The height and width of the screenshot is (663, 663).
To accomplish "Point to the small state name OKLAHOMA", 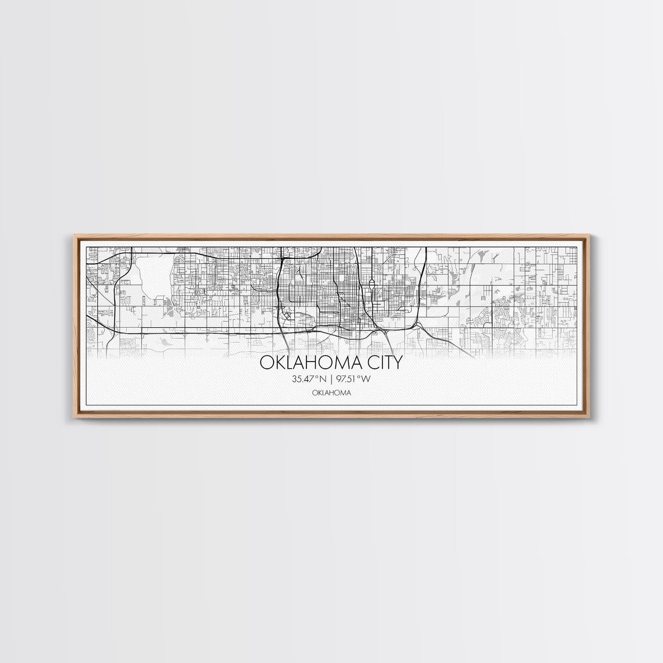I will (x=331, y=392).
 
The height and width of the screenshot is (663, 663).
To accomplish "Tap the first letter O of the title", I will (x=266, y=362).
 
